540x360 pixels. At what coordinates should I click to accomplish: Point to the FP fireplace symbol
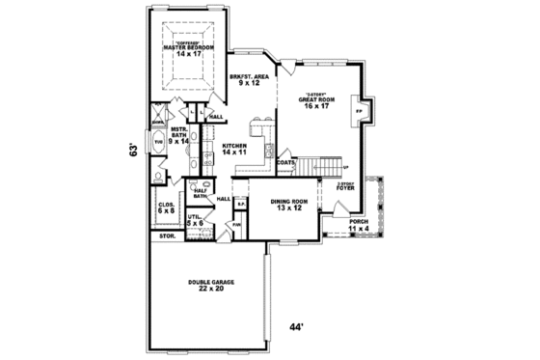coord(360,112)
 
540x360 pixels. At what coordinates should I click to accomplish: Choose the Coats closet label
coord(285,162)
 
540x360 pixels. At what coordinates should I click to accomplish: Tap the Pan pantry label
coord(236,225)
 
